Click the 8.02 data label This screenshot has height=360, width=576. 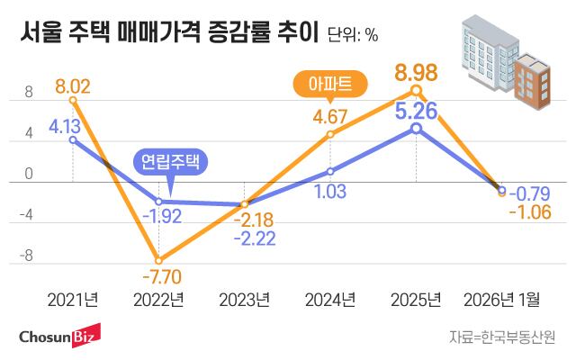click(73, 87)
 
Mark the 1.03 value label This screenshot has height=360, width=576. click(330, 191)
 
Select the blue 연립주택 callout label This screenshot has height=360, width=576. click(171, 162)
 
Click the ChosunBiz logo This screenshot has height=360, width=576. click(59, 337)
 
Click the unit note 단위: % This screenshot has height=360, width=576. click(353, 36)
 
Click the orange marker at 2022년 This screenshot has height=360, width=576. click(158, 259)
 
